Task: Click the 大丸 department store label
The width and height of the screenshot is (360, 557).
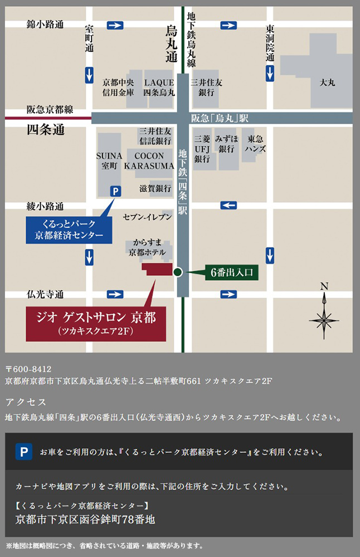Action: pyautogui.click(x=327, y=82)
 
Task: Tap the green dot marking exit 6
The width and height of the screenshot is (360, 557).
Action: pyautogui.click(x=177, y=272)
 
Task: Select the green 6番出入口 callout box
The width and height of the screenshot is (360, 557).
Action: pyautogui.click(x=232, y=272)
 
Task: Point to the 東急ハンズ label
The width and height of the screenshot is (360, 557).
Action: pyautogui.click(x=256, y=144)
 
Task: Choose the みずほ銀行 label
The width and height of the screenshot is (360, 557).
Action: pyautogui.click(x=228, y=144)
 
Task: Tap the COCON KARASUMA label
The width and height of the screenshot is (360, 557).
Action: pyautogui.click(x=149, y=160)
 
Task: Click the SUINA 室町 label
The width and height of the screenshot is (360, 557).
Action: pyautogui.click(x=109, y=160)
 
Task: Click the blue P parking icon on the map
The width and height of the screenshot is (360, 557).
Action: pyautogui.click(x=115, y=191)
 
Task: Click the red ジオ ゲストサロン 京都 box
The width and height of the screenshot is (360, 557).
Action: pyautogui.click(x=96, y=323)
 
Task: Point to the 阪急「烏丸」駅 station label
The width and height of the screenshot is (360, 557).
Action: pyautogui.click(x=220, y=118)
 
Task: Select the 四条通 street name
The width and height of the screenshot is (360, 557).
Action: pyautogui.click(x=46, y=130)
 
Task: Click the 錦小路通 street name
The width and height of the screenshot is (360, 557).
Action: pyautogui.click(x=45, y=25)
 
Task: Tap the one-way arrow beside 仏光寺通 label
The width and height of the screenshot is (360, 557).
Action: pyautogui.click(x=115, y=294)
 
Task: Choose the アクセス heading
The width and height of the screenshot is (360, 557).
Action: pyautogui.click(x=26, y=402)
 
